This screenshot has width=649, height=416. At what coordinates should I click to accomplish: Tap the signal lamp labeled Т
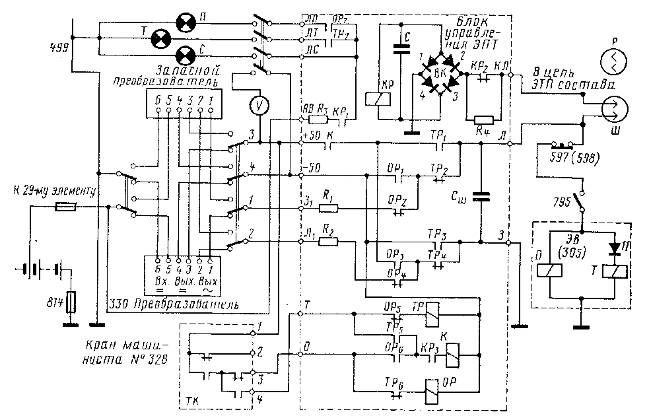pos(161,38)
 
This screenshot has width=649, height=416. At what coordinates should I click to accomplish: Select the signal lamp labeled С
pos(187,53)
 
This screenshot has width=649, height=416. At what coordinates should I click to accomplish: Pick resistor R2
pos(328,242)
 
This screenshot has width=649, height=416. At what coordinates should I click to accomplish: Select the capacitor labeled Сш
pos(482,195)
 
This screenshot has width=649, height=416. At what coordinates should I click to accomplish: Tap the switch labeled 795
pos(582,199)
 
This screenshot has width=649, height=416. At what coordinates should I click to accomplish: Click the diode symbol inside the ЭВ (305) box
pos(616,248)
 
